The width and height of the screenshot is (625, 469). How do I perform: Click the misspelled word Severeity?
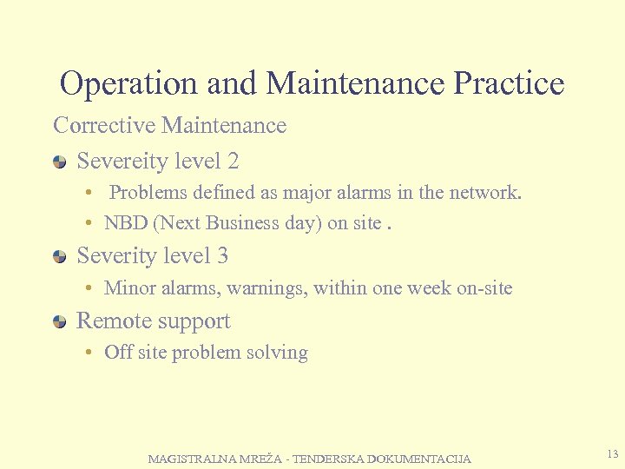[x=122, y=162]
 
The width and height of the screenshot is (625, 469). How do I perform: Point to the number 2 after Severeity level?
[x=233, y=162]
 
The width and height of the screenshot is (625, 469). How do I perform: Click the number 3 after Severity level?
[x=223, y=256]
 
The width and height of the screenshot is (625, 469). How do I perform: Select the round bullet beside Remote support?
[x=59, y=322]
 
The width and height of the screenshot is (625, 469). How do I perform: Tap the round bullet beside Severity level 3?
[x=59, y=257]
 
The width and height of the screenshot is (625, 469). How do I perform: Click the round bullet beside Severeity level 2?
[x=59, y=162]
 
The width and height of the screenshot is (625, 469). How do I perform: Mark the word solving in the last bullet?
[x=278, y=353]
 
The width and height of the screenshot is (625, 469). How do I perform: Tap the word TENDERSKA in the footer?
[x=329, y=459]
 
